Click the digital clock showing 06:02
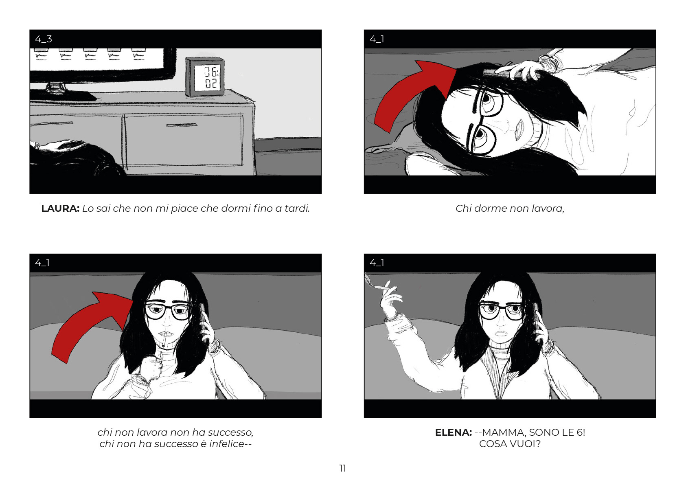click(205, 77)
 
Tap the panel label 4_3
click(44, 39)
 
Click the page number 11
click(343, 468)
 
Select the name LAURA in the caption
click(60, 208)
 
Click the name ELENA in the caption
click(453, 432)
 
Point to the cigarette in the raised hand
click(382, 287)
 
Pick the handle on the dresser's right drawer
click(181, 125)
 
